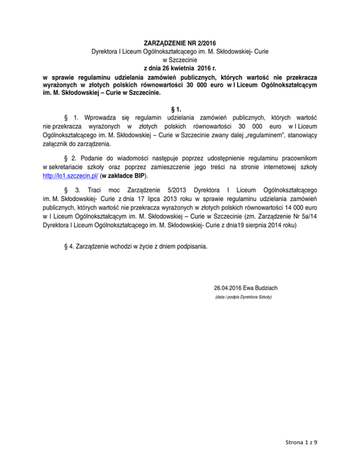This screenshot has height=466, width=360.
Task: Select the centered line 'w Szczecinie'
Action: tap(180, 59)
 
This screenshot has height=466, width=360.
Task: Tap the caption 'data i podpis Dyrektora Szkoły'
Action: tap(243, 297)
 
